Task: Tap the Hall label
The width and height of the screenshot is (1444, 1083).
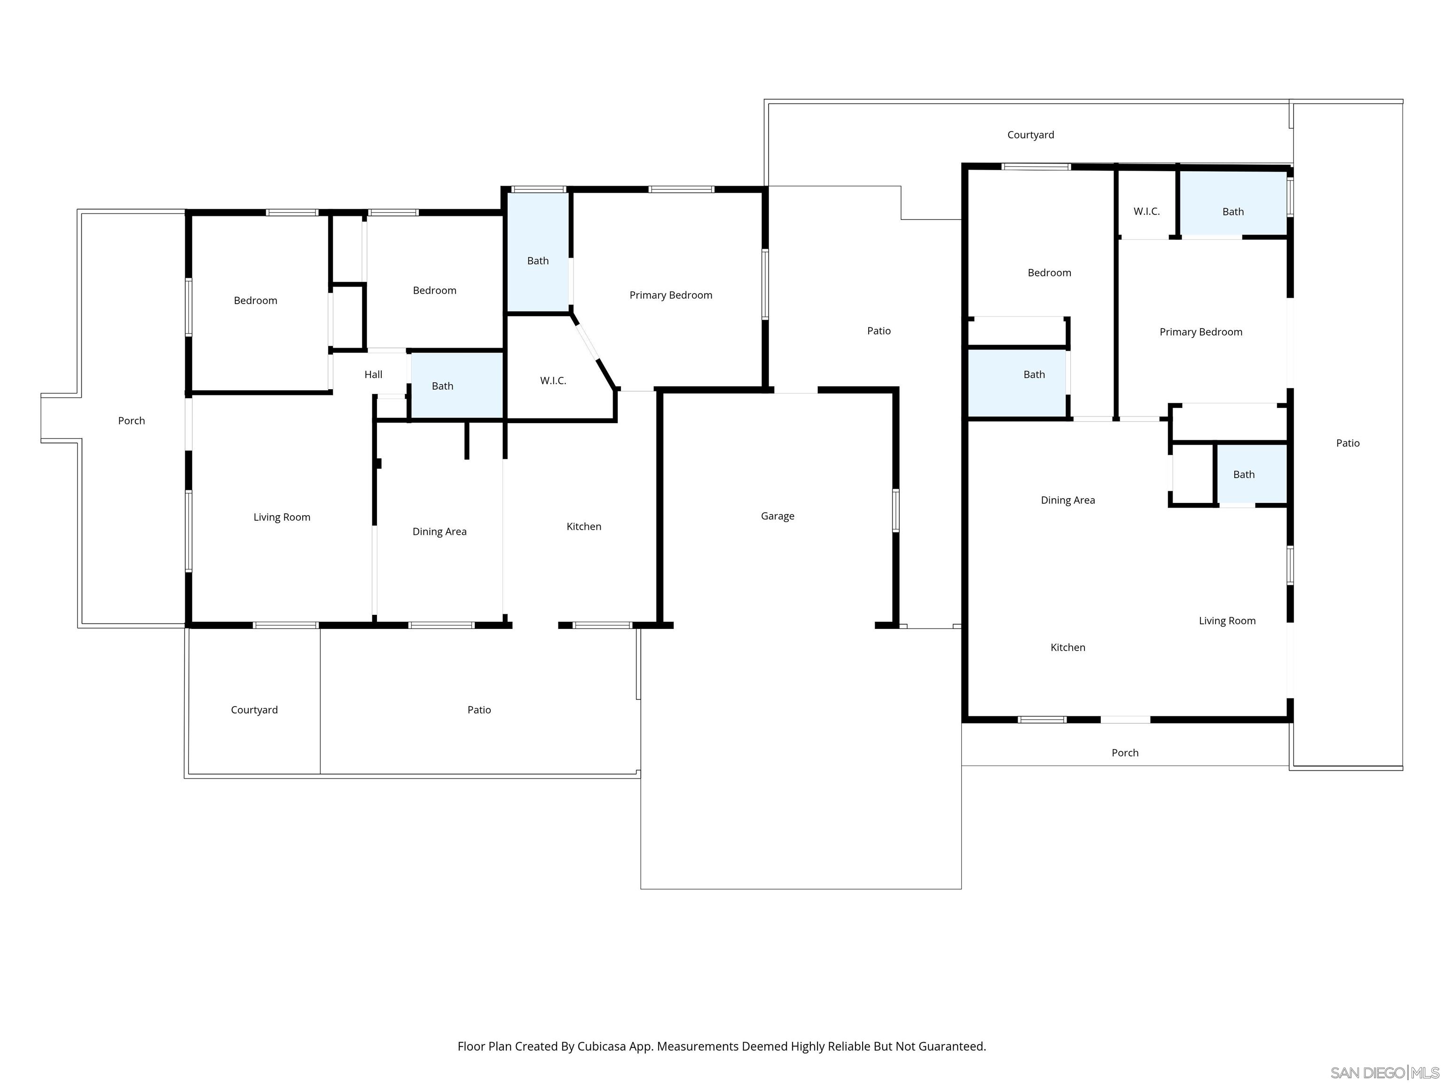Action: (x=373, y=374)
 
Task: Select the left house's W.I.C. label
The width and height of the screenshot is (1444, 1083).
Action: (x=552, y=381)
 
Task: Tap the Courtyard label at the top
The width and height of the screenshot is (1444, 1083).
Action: (x=1030, y=134)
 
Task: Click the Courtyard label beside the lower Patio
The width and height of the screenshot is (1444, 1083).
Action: (x=254, y=710)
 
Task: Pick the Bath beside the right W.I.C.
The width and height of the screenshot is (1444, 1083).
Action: (x=1232, y=212)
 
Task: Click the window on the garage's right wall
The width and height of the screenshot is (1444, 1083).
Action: (x=895, y=510)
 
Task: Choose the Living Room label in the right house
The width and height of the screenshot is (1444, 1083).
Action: (x=1227, y=621)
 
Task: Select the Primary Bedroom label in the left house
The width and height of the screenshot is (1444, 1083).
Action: (x=670, y=295)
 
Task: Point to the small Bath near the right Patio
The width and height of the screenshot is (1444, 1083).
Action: (x=1244, y=475)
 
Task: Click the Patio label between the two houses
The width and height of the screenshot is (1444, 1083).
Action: (x=879, y=331)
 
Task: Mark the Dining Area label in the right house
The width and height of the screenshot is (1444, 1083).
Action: (x=1067, y=500)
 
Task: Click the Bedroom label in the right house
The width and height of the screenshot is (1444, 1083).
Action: (x=1049, y=273)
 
